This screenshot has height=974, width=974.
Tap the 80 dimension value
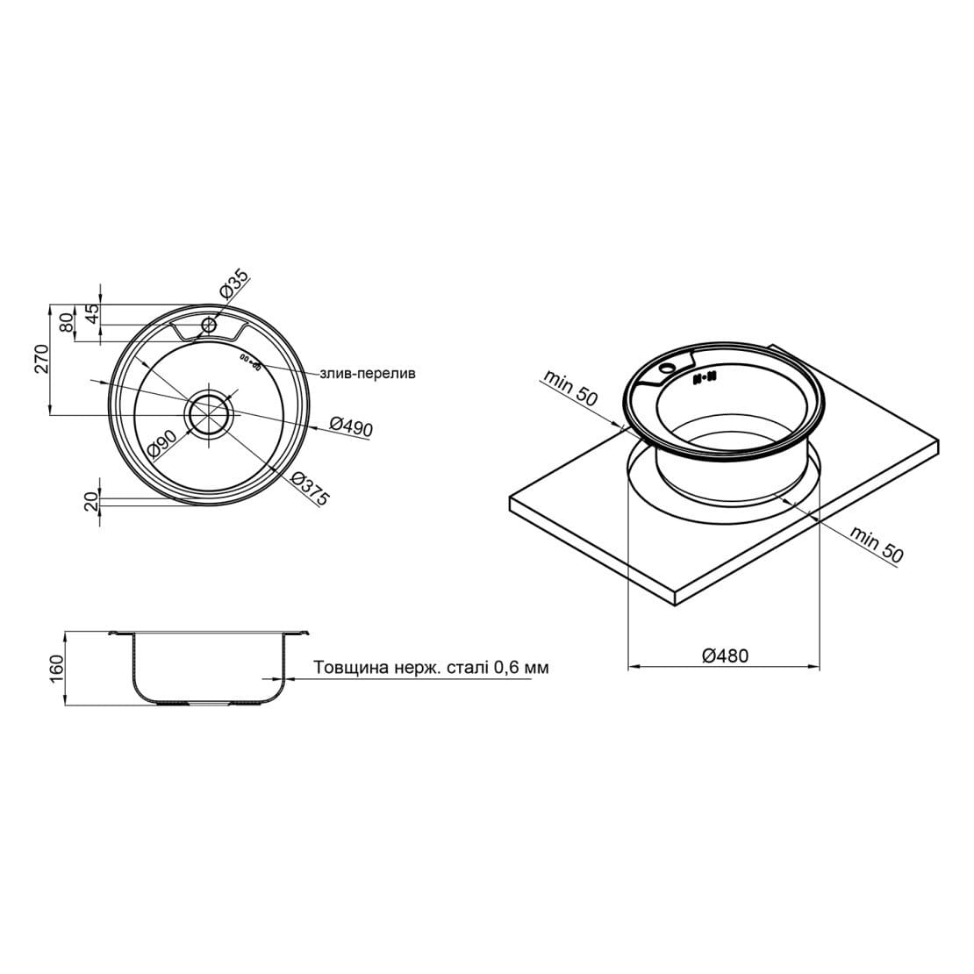click(x=64, y=323)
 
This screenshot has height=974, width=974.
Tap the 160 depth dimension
click(x=59, y=667)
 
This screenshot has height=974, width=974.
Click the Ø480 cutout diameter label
click(x=725, y=655)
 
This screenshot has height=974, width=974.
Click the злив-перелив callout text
click(x=367, y=373)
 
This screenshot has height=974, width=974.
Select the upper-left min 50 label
click(x=569, y=387)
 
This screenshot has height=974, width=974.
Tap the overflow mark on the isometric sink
click(x=705, y=378)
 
